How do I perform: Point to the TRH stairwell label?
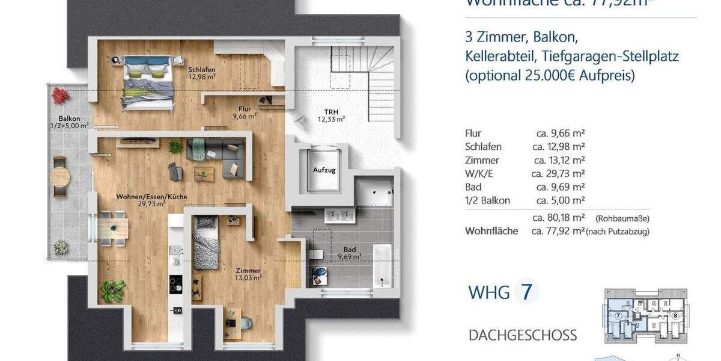tap(331, 115)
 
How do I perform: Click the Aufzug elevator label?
tap(324, 170)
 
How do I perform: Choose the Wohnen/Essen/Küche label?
tap(151, 200)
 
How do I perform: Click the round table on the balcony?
tap(60, 176)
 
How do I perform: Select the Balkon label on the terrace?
tap(69, 122)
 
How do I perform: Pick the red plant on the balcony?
tap(60, 95)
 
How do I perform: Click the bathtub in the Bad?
tap(382, 264)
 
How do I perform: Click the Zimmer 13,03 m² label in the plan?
tap(248, 274)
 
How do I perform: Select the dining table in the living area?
tap(113, 229)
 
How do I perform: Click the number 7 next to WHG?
tap(526, 292)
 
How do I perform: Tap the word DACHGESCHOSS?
tap(522, 335)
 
